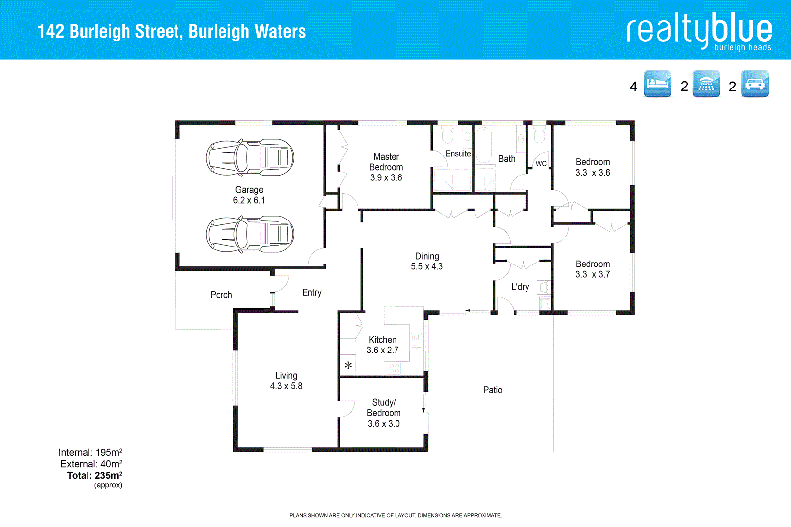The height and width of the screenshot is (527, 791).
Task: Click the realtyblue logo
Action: click(x=699, y=31)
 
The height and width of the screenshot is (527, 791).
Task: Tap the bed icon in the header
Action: click(x=657, y=84)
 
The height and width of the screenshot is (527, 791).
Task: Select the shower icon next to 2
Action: click(x=706, y=84)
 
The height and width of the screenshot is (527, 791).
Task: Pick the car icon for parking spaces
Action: click(x=754, y=84)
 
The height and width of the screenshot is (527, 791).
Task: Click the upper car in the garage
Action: click(x=250, y=158)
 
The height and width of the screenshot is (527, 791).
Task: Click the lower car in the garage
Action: click(x=250, y=234)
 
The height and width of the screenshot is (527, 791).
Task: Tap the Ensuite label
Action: click(x=458, y=154)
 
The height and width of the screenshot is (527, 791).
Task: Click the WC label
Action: click(x=541, y=164)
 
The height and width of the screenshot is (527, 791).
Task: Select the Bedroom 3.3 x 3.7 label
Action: click(x=592, y=269)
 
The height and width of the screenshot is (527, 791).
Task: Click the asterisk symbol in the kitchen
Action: click(x=348, y=366)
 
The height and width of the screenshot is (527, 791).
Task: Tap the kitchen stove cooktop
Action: click(x=394, y=368)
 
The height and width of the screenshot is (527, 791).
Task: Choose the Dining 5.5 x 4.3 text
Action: click(x=427, y=262)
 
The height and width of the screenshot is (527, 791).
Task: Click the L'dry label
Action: click(x=520, y=287)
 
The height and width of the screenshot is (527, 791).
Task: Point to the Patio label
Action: click(x=492, y=390)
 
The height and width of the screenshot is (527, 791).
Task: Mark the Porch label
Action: click(x=221, y=295)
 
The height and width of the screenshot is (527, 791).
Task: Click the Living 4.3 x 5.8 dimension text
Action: click(x=286, y=386)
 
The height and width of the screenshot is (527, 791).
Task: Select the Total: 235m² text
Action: click(x=94, y=475)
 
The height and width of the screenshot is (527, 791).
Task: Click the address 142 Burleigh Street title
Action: click(x=171, y=31)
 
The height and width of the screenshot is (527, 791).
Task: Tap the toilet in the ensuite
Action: click(x=448, y=134)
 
